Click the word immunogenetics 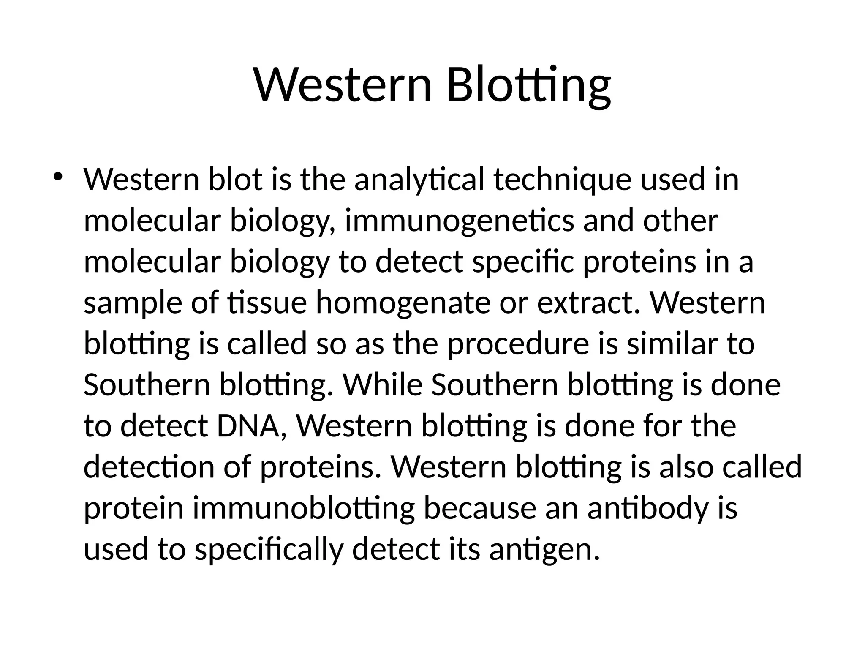459,221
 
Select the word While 383,385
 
